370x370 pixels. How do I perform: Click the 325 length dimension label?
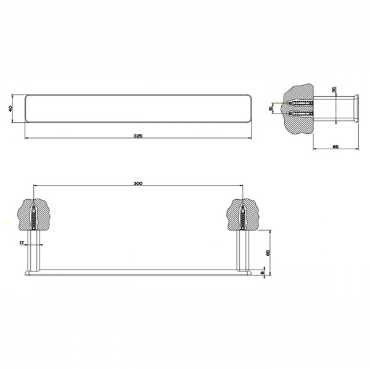(138, 136)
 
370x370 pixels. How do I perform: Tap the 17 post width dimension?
(22, 244)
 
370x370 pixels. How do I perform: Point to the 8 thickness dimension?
(263, 271)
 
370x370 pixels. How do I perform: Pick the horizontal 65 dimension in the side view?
(335, 147)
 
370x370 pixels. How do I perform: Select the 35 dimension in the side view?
(334, 90)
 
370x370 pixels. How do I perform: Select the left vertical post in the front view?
(35, 250)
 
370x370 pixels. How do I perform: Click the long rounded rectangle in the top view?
(138, 109)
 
